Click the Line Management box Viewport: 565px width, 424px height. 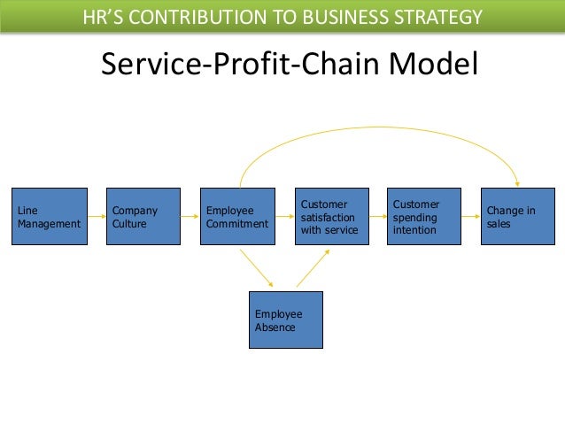coord(50,217)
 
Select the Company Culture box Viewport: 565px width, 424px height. coord(143,217)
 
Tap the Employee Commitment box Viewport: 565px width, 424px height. coord(237,217)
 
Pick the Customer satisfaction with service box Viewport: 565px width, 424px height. coord(332,217)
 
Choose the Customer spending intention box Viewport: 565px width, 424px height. coord(425,217)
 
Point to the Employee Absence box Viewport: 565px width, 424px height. coord(284,320)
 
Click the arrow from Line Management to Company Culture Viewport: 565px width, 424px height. coord(97,217)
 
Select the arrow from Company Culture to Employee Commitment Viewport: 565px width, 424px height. coord(190,217)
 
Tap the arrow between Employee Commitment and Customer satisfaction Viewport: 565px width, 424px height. coord(284,217)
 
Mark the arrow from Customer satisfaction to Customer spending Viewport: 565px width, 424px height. coord(378,217)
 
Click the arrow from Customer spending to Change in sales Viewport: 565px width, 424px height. coord(472,217)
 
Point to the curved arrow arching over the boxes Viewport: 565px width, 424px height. coord(381,127)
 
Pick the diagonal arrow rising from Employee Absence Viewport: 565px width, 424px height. coord(313,267)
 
